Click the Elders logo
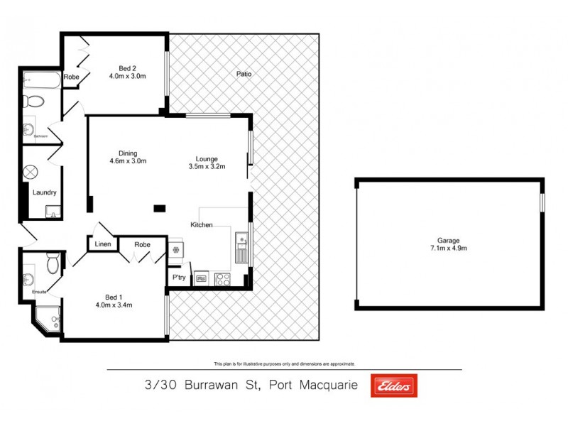click(x=394, y=386)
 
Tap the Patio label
click(x=244, y=74)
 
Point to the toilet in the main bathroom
click(x=29, y=101)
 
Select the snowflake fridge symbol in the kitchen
click(x=175, y=250)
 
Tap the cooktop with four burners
click(x=222, y=279)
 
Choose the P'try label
click(x=176, y=277)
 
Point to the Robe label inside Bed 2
click(x=71, y=77)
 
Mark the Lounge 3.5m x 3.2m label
click(x=207, y=163)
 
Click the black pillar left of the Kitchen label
click(x=160, y=208)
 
